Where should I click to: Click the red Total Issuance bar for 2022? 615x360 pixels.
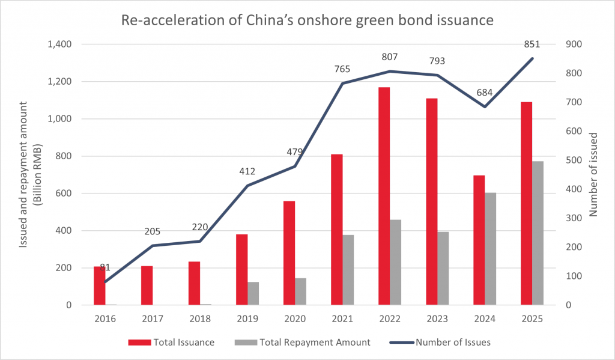384,198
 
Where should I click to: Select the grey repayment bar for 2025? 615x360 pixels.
538,234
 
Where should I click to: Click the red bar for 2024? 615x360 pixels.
479,240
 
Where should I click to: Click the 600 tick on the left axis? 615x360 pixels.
64,194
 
